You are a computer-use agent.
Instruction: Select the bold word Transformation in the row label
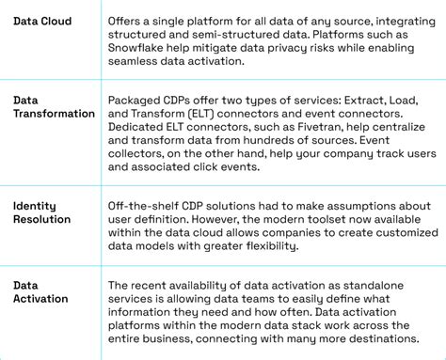click(x=55, y=114)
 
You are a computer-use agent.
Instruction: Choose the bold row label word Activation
click(x=41, y=299)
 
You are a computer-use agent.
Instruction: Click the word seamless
click(x=137, y=62)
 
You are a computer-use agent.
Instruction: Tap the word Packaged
click(x=138, y=100)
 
